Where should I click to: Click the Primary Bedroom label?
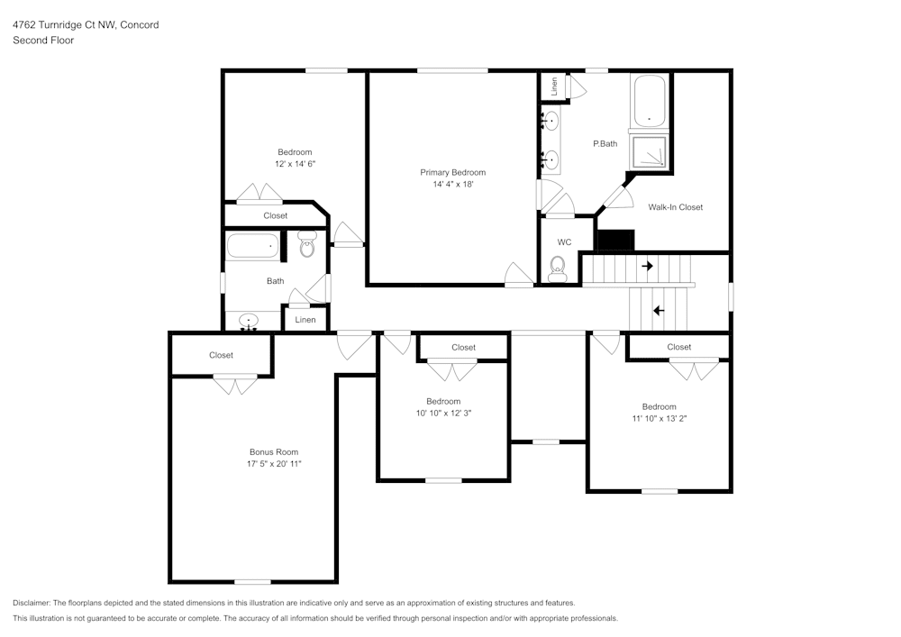pos(453,172)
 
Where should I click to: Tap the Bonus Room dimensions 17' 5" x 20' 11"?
pos(274,463)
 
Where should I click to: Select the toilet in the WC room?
pos(558,268)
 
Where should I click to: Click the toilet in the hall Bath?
pos(308,244)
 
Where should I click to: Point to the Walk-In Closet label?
pos(675,207)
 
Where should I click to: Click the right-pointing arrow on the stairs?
pos(648,266)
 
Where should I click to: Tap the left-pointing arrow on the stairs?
pos(659,311)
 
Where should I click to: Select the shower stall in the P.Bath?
pos(650,152)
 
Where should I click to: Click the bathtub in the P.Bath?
pos(650,101)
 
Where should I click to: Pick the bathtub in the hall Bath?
pos(252,246)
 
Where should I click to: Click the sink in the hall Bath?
pos(249,322)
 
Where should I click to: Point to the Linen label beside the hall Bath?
pos(305,320)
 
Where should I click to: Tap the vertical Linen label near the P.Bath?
pos(554,86)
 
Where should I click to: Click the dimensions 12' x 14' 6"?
pos(295,164)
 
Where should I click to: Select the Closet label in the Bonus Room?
pos(222,356)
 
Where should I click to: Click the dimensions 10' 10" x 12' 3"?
pos(443,413)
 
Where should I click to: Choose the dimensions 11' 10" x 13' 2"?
pos(660,418)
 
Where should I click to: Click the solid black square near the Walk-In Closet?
pos(616,240)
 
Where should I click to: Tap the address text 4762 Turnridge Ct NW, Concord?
pos(86,24)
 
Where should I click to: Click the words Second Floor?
pos(43,41)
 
